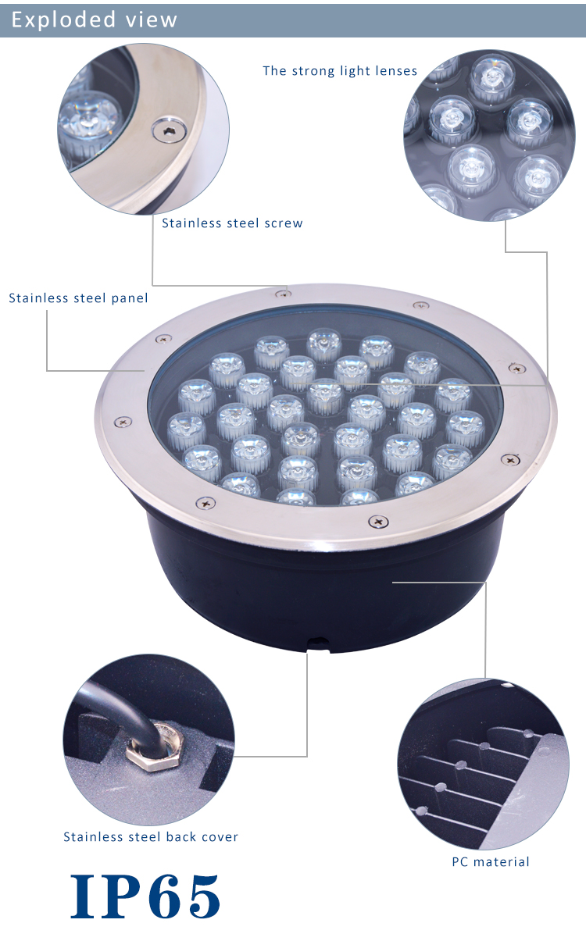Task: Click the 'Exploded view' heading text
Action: tap(95, 20)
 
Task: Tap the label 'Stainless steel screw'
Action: tap(232, 223)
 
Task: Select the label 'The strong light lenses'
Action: tap(340, 71)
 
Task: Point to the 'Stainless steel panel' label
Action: tap(79, 298)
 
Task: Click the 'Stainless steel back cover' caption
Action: tap(151, 837)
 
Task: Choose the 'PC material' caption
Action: tap(491, 862)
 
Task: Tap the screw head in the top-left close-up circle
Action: tap(169, 130)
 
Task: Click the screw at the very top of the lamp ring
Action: tap(283, 293)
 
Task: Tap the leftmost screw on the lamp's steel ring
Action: tap(123, 422)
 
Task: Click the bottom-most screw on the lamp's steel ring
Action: tap(378, 522)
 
